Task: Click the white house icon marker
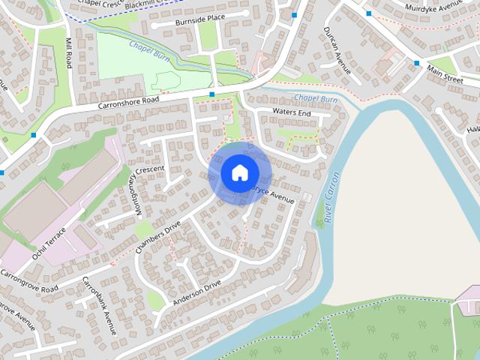[238, 172]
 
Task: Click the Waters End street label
[292, 112]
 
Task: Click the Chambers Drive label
[158, 237]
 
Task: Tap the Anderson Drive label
[196, 292]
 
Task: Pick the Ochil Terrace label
[49, 245]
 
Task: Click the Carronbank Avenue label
[100, 306]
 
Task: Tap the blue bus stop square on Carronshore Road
[212, 94]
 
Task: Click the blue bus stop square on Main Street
[417, 64]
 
